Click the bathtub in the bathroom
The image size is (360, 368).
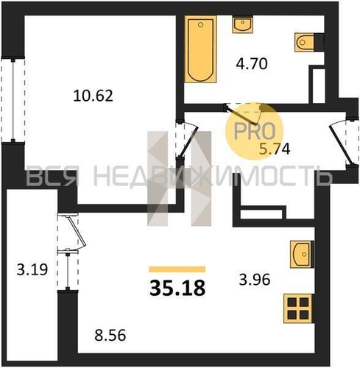click(200, 49)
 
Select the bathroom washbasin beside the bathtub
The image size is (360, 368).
click(243, 24)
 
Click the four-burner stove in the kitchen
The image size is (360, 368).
click(298, 308)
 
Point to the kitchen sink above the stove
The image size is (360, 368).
click(301, 255)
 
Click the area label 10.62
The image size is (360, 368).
click(93, 96)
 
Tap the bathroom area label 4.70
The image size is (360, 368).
click(252, 64)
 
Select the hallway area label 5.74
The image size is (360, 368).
click(275, 149)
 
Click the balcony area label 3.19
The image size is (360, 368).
click(32, 269)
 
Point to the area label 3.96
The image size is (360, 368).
click(255, 280)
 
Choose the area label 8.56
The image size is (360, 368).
click(110, 335)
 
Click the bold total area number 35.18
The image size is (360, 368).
click(177, 289)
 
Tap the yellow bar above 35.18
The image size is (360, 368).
click(177, 269)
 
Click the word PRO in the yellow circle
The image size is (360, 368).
click(255, 131)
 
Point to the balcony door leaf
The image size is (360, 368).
click(77, 231)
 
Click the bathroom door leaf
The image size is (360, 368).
click(241, 115)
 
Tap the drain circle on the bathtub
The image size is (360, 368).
click(201, 24)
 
